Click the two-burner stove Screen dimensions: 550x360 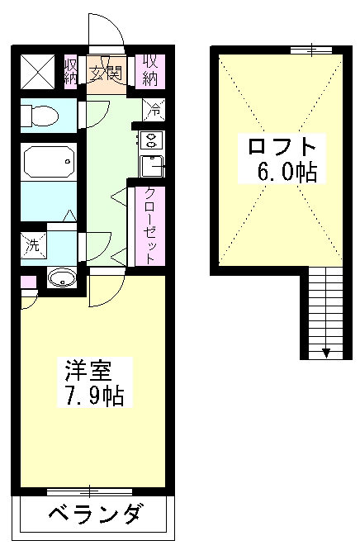click(x=153, y=139)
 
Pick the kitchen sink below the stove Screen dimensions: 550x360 click(x=153, y=166)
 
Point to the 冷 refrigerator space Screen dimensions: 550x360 click(x=154, y=107)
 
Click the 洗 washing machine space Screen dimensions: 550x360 click(x=34, y=245)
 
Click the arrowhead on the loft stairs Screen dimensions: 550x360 click(x=327, y=353)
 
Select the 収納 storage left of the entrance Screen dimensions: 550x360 click(x=72, y=70)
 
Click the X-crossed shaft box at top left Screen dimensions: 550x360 click(x=38, y=70)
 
